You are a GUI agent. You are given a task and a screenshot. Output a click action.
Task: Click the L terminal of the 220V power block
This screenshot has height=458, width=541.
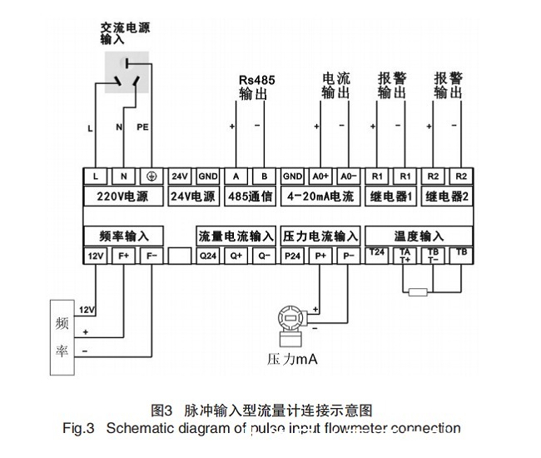(x=96, y=177)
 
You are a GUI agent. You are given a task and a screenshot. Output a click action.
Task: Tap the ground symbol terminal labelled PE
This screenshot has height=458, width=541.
(x=151, y=177)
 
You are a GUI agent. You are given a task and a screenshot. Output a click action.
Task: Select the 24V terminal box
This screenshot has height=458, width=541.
(x=181, y=177)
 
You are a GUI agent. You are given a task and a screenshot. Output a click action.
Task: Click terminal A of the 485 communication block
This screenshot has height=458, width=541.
(x=236, y=177)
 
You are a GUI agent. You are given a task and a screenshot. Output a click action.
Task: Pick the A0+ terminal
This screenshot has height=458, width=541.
(x=320, y=177)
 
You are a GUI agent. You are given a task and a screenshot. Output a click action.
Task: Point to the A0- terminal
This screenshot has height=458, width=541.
(x=348, y=177)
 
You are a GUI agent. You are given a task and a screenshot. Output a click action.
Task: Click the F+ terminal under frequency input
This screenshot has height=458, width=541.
(x=123, y=256)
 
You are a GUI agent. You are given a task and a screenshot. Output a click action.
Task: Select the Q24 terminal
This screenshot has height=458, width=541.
(x=208, y=256)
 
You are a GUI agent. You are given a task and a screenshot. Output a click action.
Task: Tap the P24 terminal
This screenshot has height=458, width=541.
(x=292, y=256)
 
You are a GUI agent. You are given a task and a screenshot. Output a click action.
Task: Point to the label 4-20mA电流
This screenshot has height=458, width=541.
(x=320, y=197)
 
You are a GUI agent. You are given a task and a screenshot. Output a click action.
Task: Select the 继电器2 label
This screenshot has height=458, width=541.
(x=447, y=197)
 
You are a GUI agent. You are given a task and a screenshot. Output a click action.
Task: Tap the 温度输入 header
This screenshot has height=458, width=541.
(x=419, y=236)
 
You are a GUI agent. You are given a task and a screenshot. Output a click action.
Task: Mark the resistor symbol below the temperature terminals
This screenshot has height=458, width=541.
(x=419, y=291)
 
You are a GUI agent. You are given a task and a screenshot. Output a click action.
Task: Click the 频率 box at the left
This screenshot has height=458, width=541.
(x=62, y=336)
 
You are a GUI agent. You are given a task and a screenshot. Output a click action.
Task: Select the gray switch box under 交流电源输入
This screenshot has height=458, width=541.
(x=127, y=72)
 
